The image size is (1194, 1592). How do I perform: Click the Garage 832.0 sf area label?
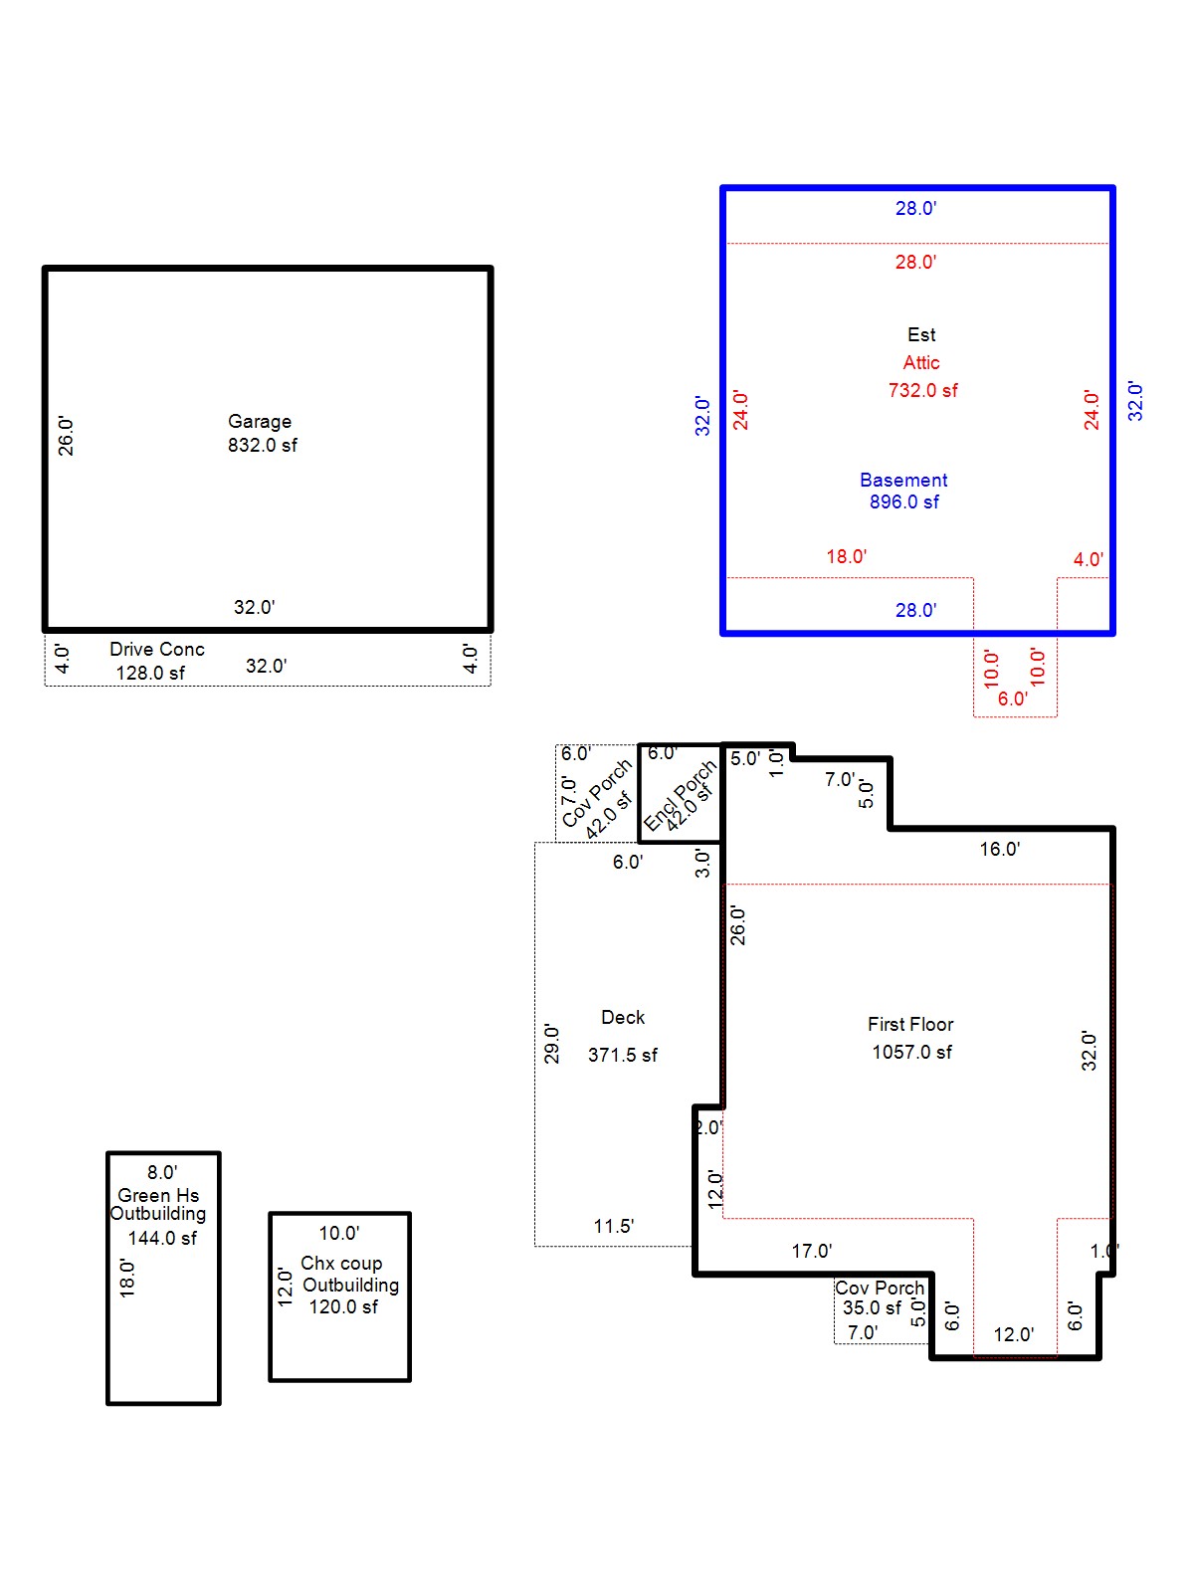tap(262, 434)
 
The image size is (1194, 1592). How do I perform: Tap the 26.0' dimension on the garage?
tap(66, 436)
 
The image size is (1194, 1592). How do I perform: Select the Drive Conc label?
tap(157, 649)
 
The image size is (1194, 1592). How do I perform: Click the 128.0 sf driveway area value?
tap(150, 673)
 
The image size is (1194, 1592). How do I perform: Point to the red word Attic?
tap(921, 362)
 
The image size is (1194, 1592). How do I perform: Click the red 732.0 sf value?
tap(922, 390)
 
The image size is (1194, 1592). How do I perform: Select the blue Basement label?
tap(903, 480)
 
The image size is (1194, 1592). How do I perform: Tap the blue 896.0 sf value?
tap(903, 501)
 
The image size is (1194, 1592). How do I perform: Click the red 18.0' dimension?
tap(846, 556)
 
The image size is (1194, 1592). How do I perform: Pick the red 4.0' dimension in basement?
tap(1088, 559)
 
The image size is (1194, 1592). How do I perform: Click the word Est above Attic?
tap(921, 334)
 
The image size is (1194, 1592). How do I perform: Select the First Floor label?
tap(910, 1024)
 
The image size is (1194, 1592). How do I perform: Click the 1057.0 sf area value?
tap(911, 1052)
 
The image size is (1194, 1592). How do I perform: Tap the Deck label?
tap(623, 1017)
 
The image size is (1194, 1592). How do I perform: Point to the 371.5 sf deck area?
tap(622, 1055)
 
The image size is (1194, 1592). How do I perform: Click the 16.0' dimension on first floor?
tap(999, 849)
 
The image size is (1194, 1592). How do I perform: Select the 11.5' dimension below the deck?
tap(613, 1226)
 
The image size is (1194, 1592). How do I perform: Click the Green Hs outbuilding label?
tap(158, 1195)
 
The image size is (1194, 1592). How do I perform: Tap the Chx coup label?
tap(341, 1263)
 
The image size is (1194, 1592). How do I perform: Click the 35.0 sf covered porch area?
tap(872, 1307)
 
